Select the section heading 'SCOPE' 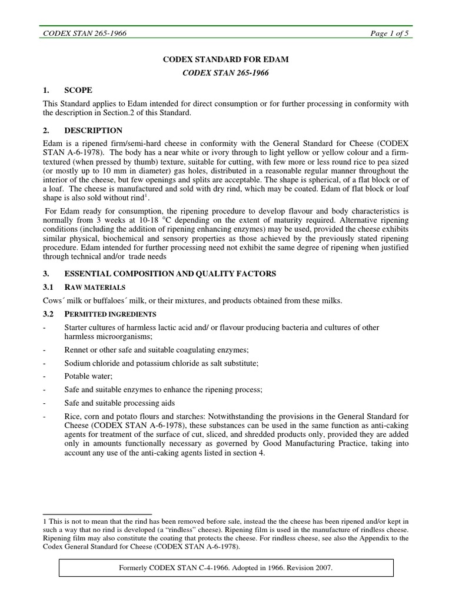coord(78,90)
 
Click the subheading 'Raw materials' coord(95,287)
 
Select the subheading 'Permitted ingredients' coord(110,314)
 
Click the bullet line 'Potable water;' coord(88,377)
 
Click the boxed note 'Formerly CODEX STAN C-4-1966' coord(226,568)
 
